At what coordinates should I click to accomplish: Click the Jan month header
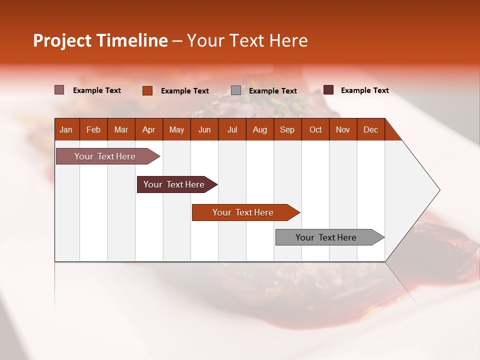tap(66, 129)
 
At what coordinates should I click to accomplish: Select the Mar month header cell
tap(121, 129)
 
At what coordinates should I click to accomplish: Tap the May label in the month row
tap(176, 129)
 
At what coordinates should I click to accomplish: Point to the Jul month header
tap(232, 129)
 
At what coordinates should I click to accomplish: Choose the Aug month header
tap(259, 129)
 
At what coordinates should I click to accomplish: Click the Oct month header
tap(315, 129)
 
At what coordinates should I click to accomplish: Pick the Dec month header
tap(370, 129)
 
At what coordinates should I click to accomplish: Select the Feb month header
tap(93, 129)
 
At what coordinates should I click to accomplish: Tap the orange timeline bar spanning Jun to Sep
tap(243, 212)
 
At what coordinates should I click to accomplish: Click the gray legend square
tap(236, 90)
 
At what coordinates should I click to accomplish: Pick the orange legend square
tap(147, 90)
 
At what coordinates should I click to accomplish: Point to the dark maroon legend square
tap(328, 90)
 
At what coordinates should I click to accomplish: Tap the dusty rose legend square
tap(59, 90)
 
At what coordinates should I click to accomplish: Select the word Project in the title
tap(62, 40)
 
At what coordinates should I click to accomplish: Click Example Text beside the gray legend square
tap(273, 91)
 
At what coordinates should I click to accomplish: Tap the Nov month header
tap(343, 129)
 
